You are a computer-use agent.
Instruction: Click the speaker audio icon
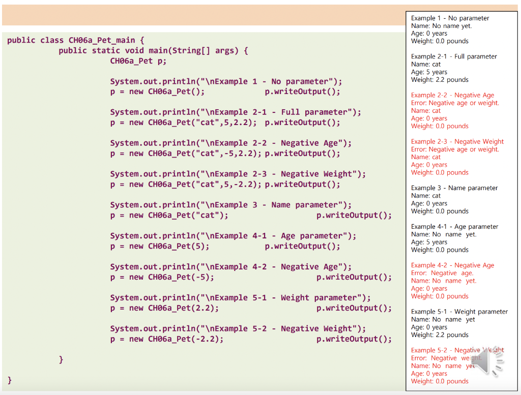pyautogui.click(x=489, y=362)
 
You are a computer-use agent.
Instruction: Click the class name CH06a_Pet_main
pyautogui.click(x=102, y=40)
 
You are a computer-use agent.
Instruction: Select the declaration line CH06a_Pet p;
pyautogui.click(x=138, y=61)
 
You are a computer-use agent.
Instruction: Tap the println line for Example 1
pyautogui.click(x=226, y=81)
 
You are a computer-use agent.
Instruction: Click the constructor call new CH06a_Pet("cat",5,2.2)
pyautogui.click(x=183, y=123)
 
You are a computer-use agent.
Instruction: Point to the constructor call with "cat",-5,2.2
pyautogui.click(x=185, y=154)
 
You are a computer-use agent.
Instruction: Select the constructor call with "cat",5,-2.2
pyautogui.click(x=185, y=185)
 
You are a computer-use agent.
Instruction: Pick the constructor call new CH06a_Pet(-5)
pyautogui.click(x=162, y=277)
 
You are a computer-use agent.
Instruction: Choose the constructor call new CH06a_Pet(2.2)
pyautogui.click(x=164, y=308)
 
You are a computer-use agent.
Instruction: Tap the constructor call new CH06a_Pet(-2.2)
pyautogui.click(x=166, y=339)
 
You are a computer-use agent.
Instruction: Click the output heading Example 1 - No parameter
pyautogui.click(x=450, y=18)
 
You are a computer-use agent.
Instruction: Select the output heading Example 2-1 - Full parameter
pyautogui.click(x=454, y=56)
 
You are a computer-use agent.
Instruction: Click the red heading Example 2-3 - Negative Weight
pyautogui.click(x=457, y=141)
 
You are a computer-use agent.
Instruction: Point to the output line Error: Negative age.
pyautogui.click(x=442, y=273)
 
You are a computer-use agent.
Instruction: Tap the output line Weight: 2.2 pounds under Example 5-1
pyautogui.click(x=440, y=335)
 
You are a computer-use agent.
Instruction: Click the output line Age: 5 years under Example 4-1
pyautogui.click(x=429, y=242)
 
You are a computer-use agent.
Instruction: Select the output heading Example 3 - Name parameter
pyautogui.click(x=454, y=188)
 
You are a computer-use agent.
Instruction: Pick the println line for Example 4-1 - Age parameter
pyautogui.click(x=233, y=236)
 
